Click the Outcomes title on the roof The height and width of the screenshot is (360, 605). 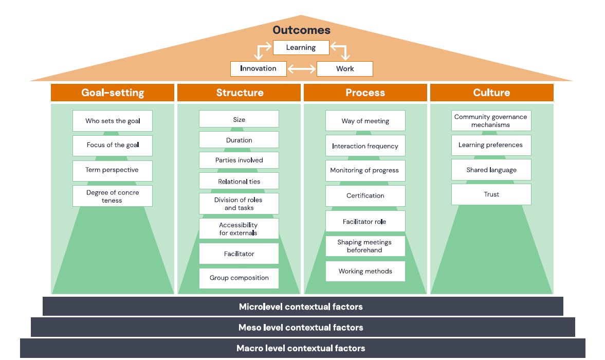click(x=301, y=30)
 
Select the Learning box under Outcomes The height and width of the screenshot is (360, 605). click(x=301, y=48)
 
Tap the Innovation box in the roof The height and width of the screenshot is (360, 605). click(x=258, y=68)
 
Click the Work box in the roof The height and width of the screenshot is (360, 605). click(x=344, y=69)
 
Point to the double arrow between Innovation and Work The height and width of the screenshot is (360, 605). click(x=301, y=69)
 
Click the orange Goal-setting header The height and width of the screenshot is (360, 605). click(x=113, y=93)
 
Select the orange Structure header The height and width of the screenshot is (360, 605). click(x=239, y=93)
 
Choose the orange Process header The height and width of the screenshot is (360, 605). click(x=365, y=93)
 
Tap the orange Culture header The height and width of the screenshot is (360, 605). click(x=491, y=93)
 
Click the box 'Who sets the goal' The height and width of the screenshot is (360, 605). click(x=112, y=121)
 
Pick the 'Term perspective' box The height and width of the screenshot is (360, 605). click(x=112, y=170)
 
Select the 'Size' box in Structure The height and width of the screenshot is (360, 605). click(x=239, y=119)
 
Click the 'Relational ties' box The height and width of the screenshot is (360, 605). click(x=239, y=181)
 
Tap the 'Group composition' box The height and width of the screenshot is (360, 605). click(x=239, y=278)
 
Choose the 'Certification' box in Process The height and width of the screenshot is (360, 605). click(x=365, y=196)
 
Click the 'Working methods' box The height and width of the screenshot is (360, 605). click(x=365, y=272)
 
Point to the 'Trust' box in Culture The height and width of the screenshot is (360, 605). click(x=491, y=194)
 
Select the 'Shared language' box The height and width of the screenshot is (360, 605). click(x=491, y=170)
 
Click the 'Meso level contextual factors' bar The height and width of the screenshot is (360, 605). click(x=302, y=327)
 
